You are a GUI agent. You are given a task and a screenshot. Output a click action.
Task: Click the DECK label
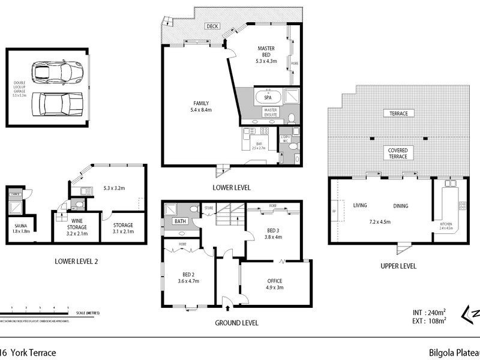point(212,26)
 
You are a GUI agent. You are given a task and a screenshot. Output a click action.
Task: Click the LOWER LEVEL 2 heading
point(76,261)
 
